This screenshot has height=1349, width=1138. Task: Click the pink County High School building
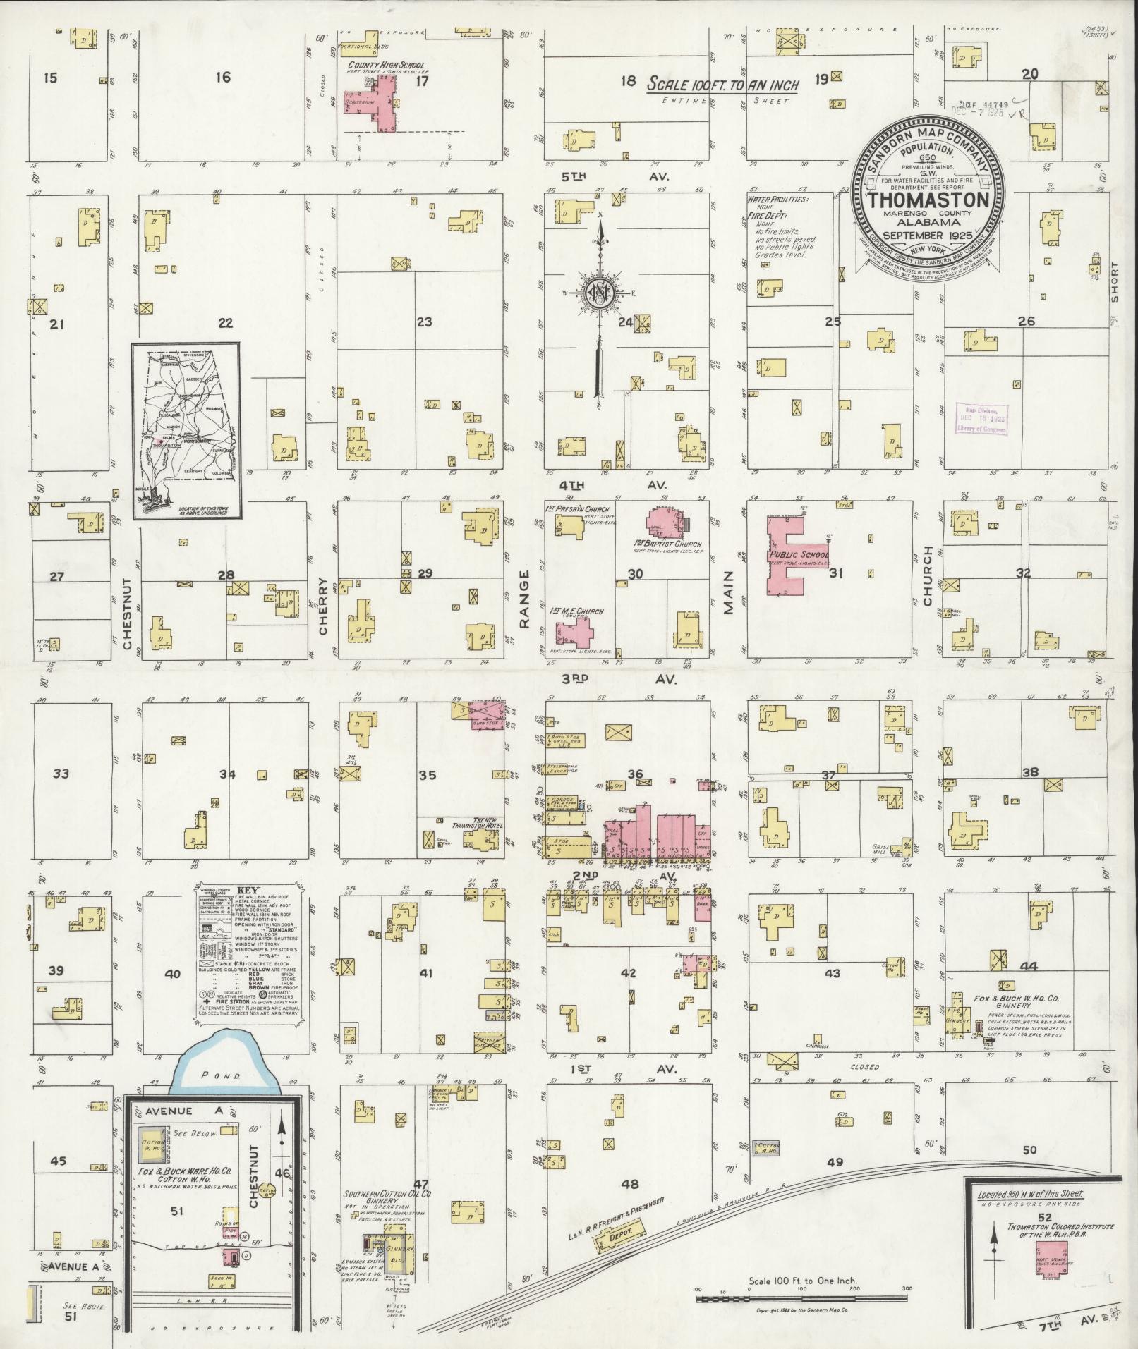coord(385,104)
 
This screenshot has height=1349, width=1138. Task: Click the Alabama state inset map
coord(187,430)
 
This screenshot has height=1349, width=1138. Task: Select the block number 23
coord(424,323)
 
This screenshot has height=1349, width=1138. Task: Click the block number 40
coord(173,974)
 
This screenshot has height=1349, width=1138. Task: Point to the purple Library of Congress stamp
coord(981,422)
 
